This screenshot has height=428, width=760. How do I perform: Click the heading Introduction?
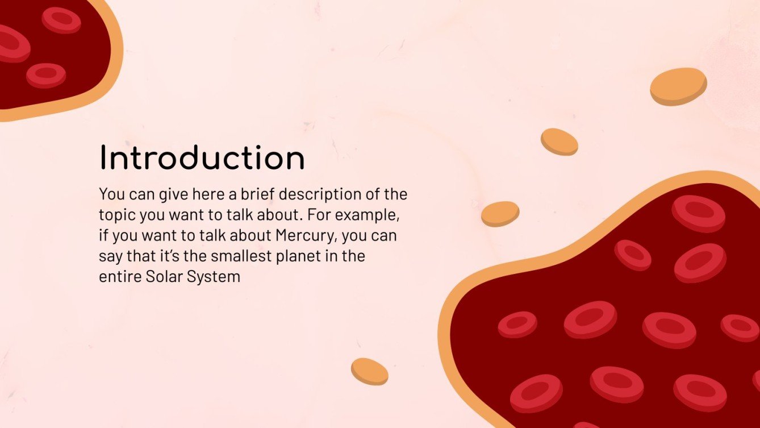pyautogui.click(x=202, y=158)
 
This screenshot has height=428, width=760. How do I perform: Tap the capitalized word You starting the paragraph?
pyautogui.click(x=111, y=194)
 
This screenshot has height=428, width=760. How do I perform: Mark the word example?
pyautogui.click(x=372, y=216)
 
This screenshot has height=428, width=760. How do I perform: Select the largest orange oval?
pyautogui.click(x=678, y=86)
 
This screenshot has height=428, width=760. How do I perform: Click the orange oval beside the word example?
pyautogui.click(x=500, y=213)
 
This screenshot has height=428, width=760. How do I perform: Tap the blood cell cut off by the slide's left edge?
pyautogui.click(x=11, y=43)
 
